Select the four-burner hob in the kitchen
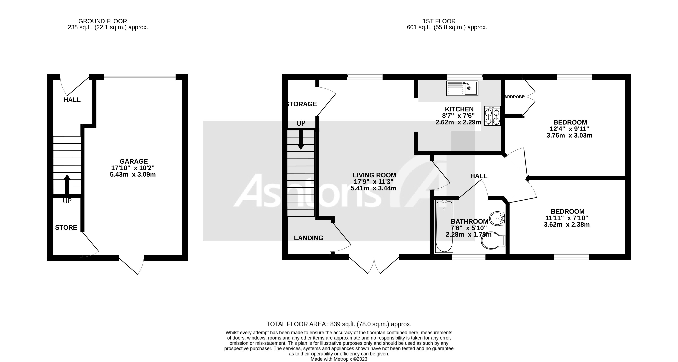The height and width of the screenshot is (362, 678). pyautogui.click(x=492, y=116)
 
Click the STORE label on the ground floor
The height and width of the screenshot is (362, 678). pyautogui.click(x=66, y=227)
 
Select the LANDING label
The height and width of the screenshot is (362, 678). pyautogui.click(x=309, y=238)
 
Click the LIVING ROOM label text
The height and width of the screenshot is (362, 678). pyautogui.click(x=374, y=175)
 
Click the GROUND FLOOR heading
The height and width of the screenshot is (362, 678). pyautogui.click(x=103, y=21)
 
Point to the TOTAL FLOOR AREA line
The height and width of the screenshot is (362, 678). pyautogui.click(x=339, y=324)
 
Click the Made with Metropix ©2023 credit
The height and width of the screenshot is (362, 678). pyautogui.click(x=339, y=359)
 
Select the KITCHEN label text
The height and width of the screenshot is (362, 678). pyautogui.click(x=459, y=109)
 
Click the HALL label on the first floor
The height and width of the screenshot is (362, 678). pyautogui.click(x=478, y=176)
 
